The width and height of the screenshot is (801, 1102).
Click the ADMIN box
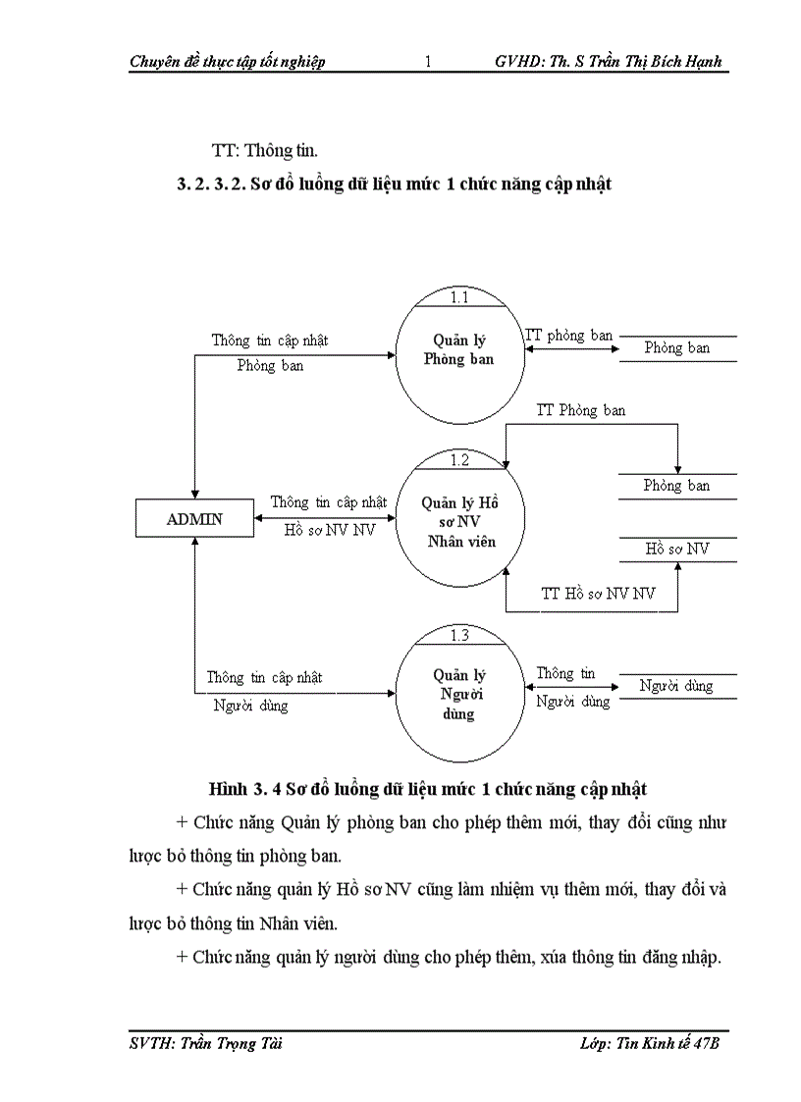pyautogui.click(x=194, y=519)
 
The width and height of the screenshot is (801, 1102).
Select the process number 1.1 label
pyautogui.click(x=459, y=297)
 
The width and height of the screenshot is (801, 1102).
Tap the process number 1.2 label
pyautogui.click(x=459, y=459)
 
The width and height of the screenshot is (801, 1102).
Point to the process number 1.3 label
pyautogui.click(x=459, y=635)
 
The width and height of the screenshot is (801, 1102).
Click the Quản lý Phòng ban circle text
pyautogui.click(x=458, y=349)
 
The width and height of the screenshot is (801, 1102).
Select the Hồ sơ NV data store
pyautogui.click(x=676, y=549)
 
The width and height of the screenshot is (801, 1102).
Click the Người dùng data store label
pyautogui.click(x=676, y=685)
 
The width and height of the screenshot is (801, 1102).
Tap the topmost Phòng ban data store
pyautogui.click(x=676, y=347)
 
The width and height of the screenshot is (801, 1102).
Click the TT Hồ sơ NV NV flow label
pyautogui.click(x=598, y=594)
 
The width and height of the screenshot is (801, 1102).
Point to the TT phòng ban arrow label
pyautogui.click(x=569, y=335)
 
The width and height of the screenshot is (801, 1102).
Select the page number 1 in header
pyautogui.click(x=428, y=62)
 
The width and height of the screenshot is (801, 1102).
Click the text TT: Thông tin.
pyautogui.click(x=265, y=150)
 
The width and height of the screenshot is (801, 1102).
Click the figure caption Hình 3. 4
pyautogui.click(x=245, y=788)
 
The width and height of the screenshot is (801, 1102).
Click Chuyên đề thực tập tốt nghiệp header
pyautogui.click(x=227, y=62)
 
